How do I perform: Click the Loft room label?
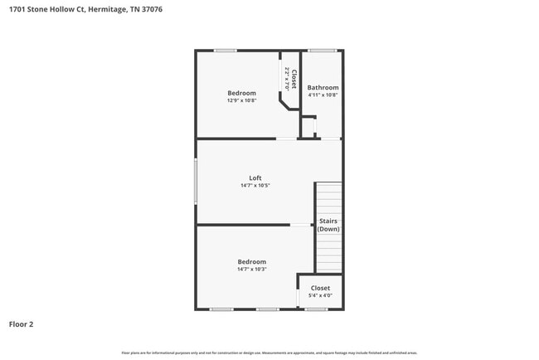pos(255,178)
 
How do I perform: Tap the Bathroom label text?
pos(323,87)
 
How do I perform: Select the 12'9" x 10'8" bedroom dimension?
pos(242,100)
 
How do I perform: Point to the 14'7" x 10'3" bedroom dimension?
pos(251,270)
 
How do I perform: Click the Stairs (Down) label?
pos(328,225)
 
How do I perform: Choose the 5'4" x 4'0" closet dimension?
pos(320,295)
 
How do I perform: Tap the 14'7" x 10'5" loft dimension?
pos(255,186)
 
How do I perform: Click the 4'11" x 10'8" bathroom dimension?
pos(323,95)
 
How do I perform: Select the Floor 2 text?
pos(22,324)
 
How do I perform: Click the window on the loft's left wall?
pos(196,181)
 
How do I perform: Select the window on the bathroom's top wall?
pos(323,51)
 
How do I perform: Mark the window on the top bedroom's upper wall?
pos(225,51)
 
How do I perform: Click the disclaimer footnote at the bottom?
pos(269,353)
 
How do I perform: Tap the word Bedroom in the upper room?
pos(242,93)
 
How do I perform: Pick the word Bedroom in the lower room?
pos(251,262)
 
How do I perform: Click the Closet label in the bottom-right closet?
pos(320,288)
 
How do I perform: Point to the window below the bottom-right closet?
pos(315,309)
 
